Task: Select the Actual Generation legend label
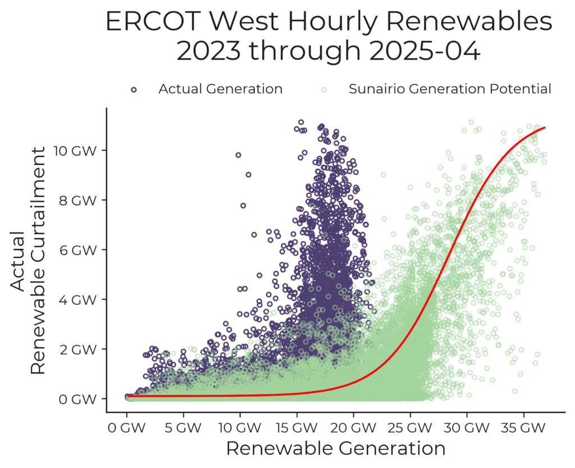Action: click(220, 89)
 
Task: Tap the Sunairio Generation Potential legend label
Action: click(450, 89)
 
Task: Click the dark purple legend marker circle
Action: click(134, 89)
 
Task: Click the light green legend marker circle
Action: click(324, 89)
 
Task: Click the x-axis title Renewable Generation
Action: click(335, 449)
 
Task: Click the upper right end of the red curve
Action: click(544, 128)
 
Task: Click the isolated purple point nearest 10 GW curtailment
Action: click(238, 155)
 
